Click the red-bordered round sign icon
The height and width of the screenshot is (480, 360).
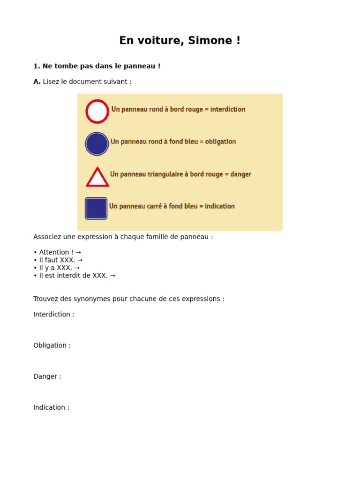[x=97, y=112]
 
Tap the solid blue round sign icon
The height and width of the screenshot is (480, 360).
[x=97, y=144]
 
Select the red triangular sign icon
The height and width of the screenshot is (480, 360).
[x=97, y=178]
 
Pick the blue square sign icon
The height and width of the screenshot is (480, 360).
[x=96, y=208]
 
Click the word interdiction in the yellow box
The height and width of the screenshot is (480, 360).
[x=228, y=109]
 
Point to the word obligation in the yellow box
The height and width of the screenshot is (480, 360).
[x=220, y=142]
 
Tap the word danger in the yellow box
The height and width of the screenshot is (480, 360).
[x=241, y=174]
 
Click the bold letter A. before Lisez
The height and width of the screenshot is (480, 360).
[x=37, y=82]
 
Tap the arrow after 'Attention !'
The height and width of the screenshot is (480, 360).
[x=78, y=252]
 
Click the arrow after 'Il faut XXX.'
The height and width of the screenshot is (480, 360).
[x=80, y=260]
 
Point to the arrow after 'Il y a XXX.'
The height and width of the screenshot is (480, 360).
[x=77, y=268]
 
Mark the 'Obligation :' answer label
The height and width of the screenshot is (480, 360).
[x=52, y=345]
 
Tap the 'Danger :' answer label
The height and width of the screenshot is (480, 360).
[x=47, y=376]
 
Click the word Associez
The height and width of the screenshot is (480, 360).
[x=49, y=237]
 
